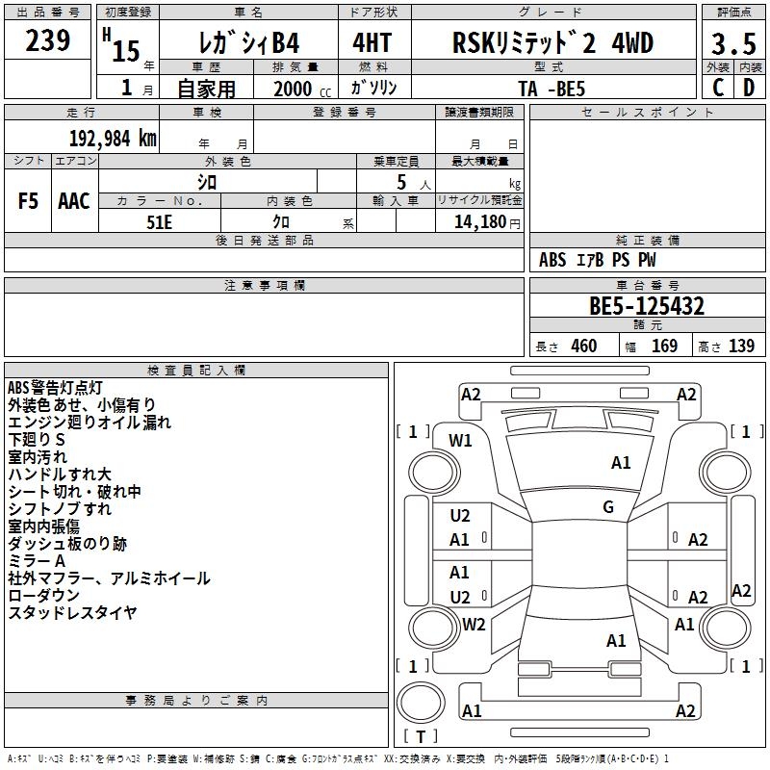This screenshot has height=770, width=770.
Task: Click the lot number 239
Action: tap(47, 40)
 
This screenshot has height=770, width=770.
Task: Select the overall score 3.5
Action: tap(733, 43)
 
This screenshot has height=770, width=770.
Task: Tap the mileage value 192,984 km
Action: tap(113, 139)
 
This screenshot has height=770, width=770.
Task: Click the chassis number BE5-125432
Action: tap(647, 306)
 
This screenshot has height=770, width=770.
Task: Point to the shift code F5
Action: tap(28, 201)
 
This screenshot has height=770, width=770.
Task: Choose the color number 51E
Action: tap(159, 222)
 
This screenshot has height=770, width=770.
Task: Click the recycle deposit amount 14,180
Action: tap(480, 222)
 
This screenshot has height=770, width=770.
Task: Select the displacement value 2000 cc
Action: tap(302, 89)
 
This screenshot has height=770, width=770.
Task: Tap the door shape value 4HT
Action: tap(372, 42)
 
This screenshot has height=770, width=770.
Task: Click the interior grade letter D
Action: tap(749, 88)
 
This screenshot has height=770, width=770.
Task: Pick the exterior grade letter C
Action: tap(718, 88)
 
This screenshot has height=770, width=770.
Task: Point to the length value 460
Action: tap(584, 346)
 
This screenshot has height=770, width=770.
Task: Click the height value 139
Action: tap(741, 346)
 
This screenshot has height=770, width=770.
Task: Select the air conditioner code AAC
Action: tap(74, 201)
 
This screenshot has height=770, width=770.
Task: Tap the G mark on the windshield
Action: tap(608, 506)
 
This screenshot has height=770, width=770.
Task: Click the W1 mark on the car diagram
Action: tap(460, 441)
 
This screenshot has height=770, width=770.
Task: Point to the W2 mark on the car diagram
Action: tap(474, 624)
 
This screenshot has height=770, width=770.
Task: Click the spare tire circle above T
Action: tap(421, 703)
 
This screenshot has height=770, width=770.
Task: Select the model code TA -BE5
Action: tap(552, 89)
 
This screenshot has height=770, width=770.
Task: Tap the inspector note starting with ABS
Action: tap(55, 388)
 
